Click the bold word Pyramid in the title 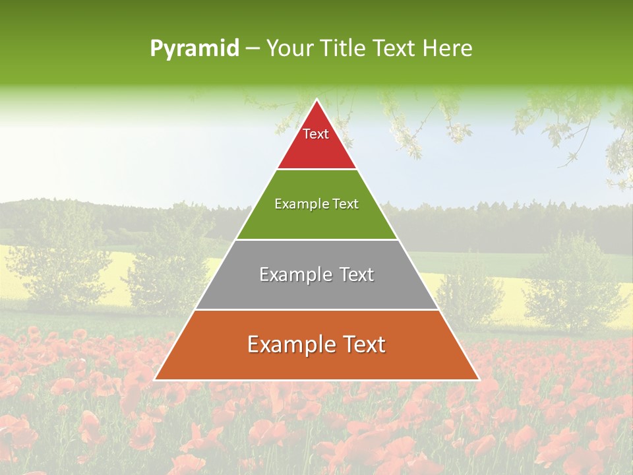click(x=195, y=49)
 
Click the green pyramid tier click(x=316, y=221)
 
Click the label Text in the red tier click(x=316, y=134)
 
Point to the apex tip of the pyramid click(x=317, y=101)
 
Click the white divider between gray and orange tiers click(x=316, y=309)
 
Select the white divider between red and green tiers click(x=316, y=169)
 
